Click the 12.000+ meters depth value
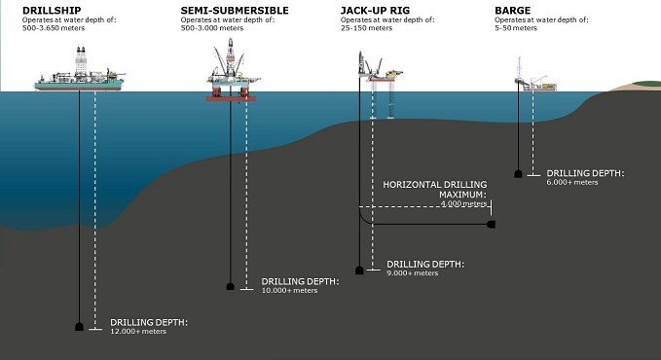[x=139, y=332]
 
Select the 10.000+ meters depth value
[x=290, y=290]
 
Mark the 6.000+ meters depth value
[x=572, y=182]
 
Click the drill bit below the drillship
[x=80, y=327]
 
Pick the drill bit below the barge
[x=519, y=173]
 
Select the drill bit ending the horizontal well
[x=492, y=225]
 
